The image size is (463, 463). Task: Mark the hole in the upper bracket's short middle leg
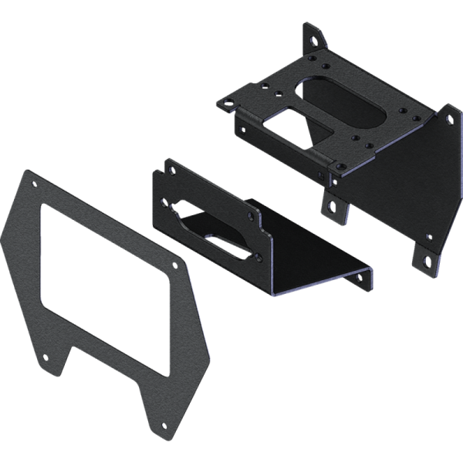[332, 206]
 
